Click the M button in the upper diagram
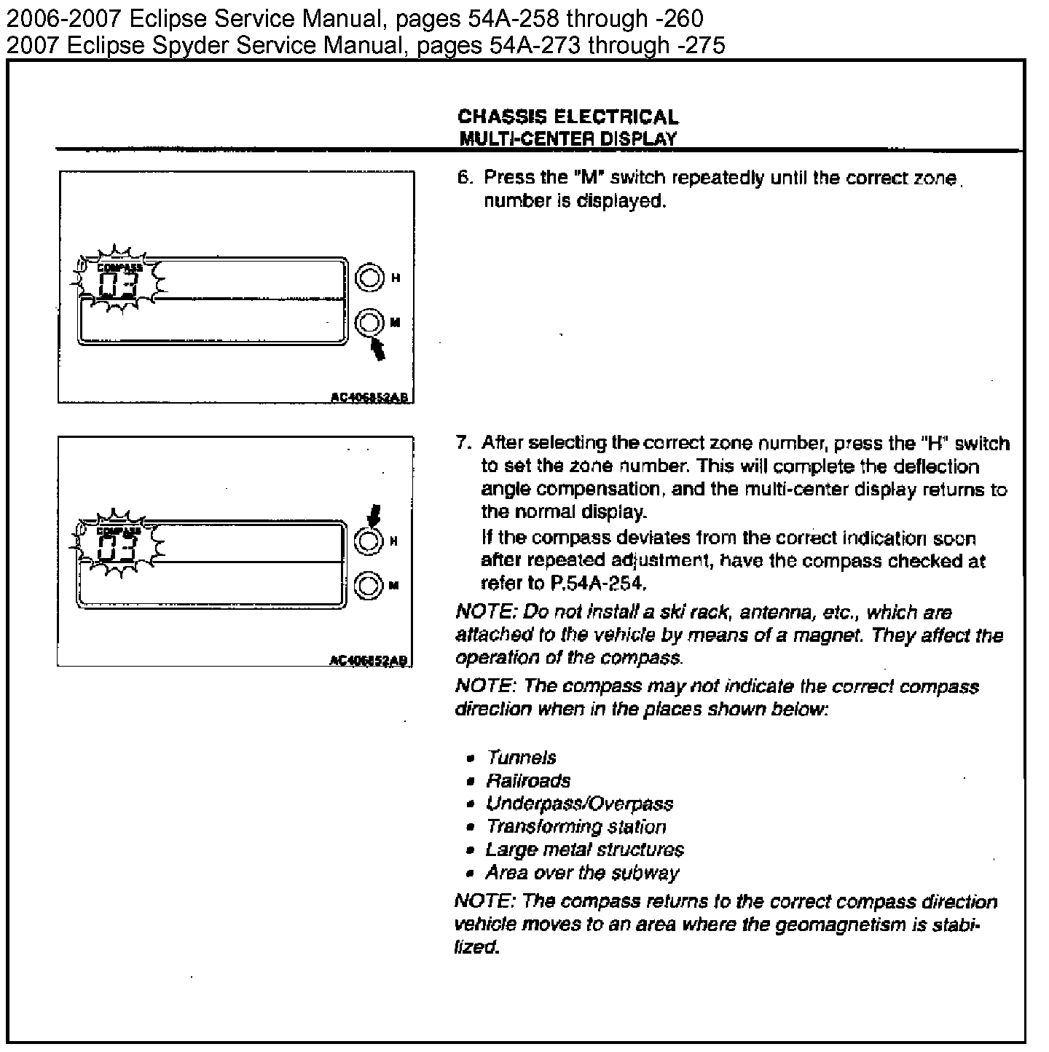point(369,322)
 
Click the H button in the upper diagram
point(369,278)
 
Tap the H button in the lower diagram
point(369,541)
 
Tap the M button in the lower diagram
point(369,585)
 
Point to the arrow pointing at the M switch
point(377,348)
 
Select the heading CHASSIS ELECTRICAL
point(567,117)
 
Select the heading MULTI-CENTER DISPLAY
point(567,138)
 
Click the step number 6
point(462,177)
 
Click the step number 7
point(460,442)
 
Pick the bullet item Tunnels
point(522,758)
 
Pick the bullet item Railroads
point(528,781)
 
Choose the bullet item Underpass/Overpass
point(579,804)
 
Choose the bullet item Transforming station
point(575,827)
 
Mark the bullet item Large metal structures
point(584,849)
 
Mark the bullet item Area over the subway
point(582,873)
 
